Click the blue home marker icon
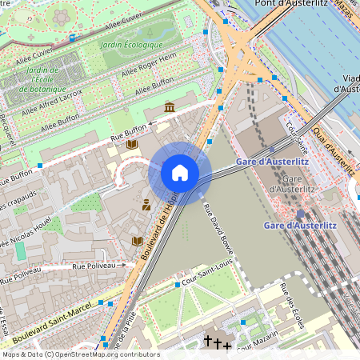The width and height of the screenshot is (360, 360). [x=180, y=173]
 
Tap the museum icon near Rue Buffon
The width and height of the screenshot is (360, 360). [x=169, y=107]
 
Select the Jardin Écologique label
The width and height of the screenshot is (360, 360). [x=132, y=44]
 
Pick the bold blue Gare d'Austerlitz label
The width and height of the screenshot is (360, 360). [x=299, y=226]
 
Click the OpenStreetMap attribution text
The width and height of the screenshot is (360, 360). [x=80, y=354]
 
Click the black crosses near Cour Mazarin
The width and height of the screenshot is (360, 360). [x=218, y=342]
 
